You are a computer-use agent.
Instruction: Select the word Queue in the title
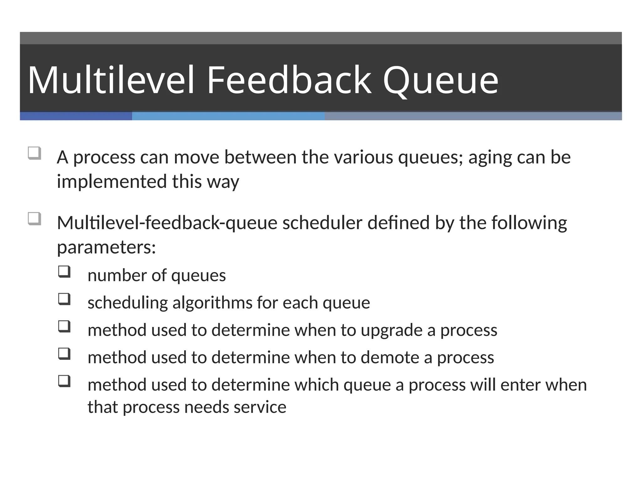point(440,81)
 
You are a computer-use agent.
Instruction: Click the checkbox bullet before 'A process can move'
point(34,153)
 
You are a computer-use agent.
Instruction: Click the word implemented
point(112,182)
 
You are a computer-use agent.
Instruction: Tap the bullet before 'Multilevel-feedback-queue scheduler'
point(34,219)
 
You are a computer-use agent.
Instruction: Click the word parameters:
point(106,248)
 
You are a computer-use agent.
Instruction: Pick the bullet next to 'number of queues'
point(64,272)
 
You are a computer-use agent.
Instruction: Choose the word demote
point(390,358)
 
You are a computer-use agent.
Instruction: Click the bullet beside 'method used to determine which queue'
point(64,381)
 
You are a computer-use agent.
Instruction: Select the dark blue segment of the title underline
point(76,116)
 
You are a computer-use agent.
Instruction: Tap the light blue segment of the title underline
point(228,116)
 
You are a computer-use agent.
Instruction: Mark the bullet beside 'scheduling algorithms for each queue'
point(64,299)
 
